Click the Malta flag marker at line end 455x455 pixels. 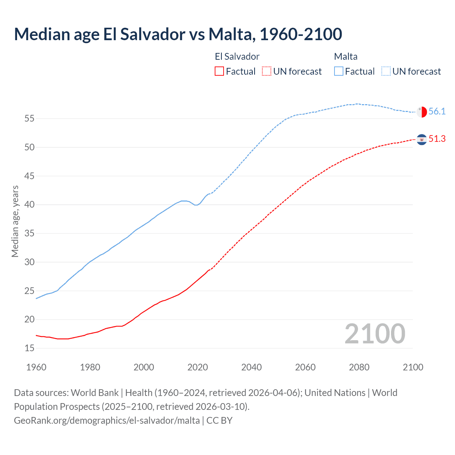[422, 112]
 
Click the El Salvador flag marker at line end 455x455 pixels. [422, 139]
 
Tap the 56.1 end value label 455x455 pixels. [437, 112]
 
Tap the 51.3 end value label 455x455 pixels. [437, 139]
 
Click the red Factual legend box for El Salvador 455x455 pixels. [219, 71]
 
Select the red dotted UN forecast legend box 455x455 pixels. [267, 71]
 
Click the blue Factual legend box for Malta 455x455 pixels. [339, 71]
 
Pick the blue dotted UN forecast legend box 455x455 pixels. [386, 71]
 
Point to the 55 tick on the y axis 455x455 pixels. [30, 118]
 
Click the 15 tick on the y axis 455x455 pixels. [30, 348]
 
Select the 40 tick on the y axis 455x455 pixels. [30, 205]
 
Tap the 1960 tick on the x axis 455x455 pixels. [36, 367]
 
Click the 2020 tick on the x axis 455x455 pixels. [198, 367]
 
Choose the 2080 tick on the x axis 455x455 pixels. [359, 367]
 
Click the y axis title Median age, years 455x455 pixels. [15, 221]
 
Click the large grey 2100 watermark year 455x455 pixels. [375, 334]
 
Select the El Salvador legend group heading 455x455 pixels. [237, 57]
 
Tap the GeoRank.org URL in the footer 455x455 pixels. [107, 421]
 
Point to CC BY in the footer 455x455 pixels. [219, 421]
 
